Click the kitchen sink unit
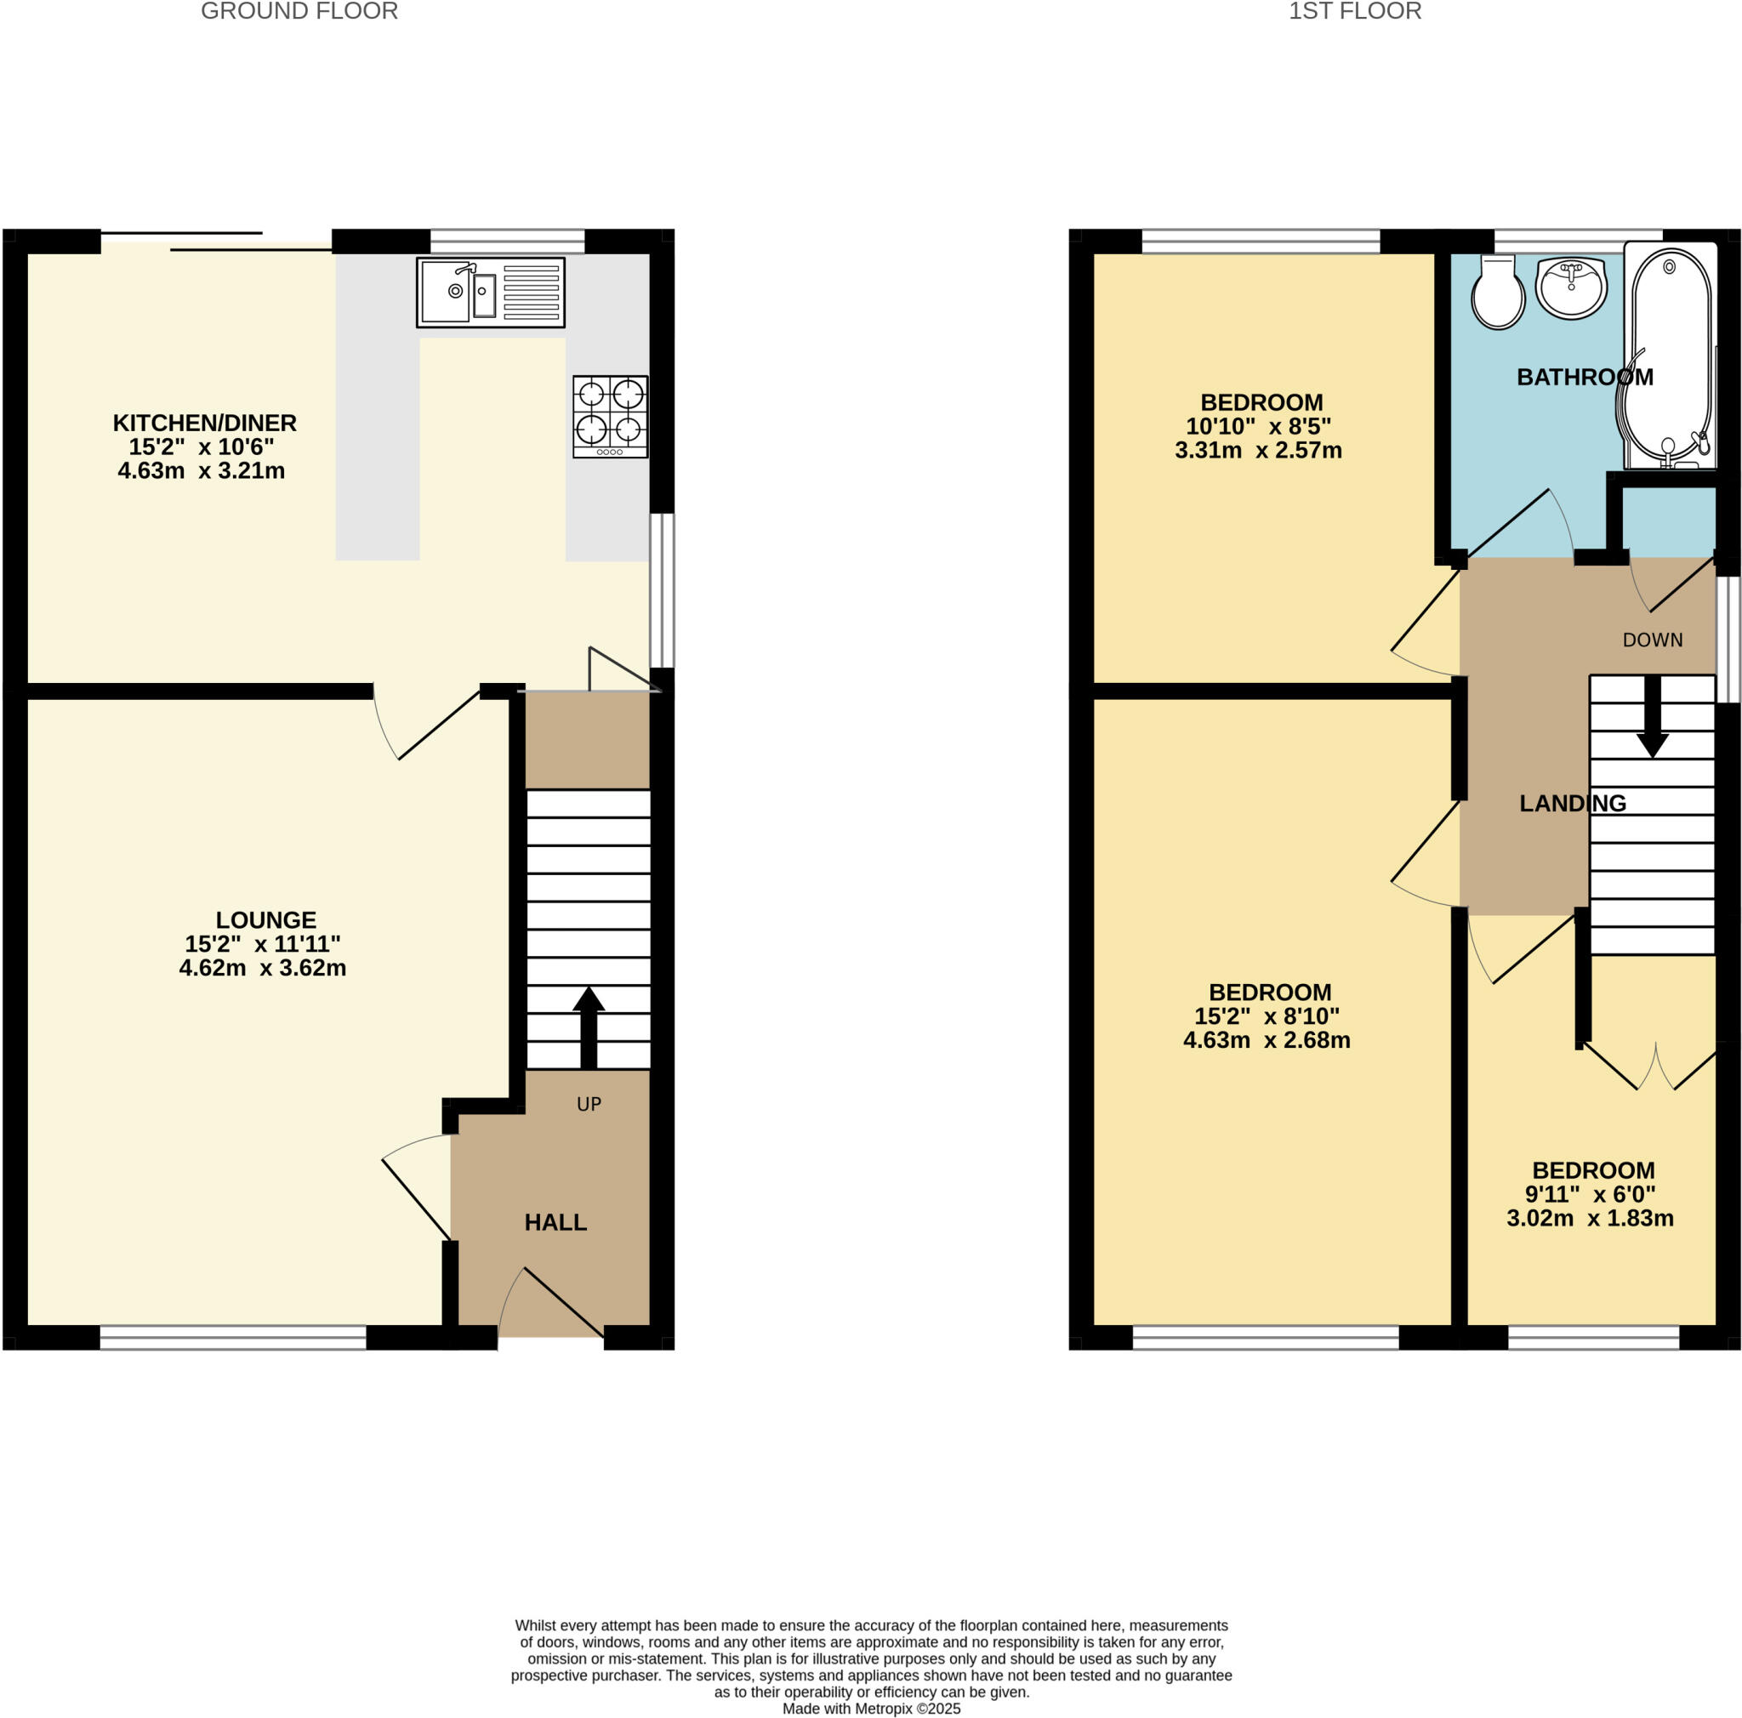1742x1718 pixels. pyautogui.click(x=491, y=292)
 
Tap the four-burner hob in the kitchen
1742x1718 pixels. pyautogui.click(x=611, y=417)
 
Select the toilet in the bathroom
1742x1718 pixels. pyautogui.click(x=1497, y=291)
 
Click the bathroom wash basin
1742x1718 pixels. pyautogui.click(x=1571, y=287)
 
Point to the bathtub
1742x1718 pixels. pyautogui.click(x=1670, y=356)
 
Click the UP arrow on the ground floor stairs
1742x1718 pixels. pyautogui.click(x=588, y=1026)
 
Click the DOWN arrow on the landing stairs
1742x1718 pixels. pyautogui.click(x=1652, y=717)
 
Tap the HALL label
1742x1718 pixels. pyautogui.click(x=555, y=1222)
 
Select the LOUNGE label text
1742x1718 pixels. pyautogui.click(x=266, y=919)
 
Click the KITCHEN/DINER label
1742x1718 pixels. pyautogui.click(x=205, y=423)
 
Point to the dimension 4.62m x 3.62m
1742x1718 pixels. pyautogui.click(x=262, y=968)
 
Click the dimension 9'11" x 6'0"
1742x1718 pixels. pyautogui.click(x=1591, y=1194)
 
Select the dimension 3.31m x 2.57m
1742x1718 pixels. pyautogui.click(x=1258, y=451)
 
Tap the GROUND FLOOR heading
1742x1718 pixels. pyautogui.click(x=299, y=12)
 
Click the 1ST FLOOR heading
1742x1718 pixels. pyautogui.click(x=1354, y=12)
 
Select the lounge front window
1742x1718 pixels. pyautogui.click(x=232, y=1337)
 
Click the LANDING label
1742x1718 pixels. pyautogui.click(x=1573, y=803)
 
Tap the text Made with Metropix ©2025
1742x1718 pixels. pyautogui.click(x=871, y=1708)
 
